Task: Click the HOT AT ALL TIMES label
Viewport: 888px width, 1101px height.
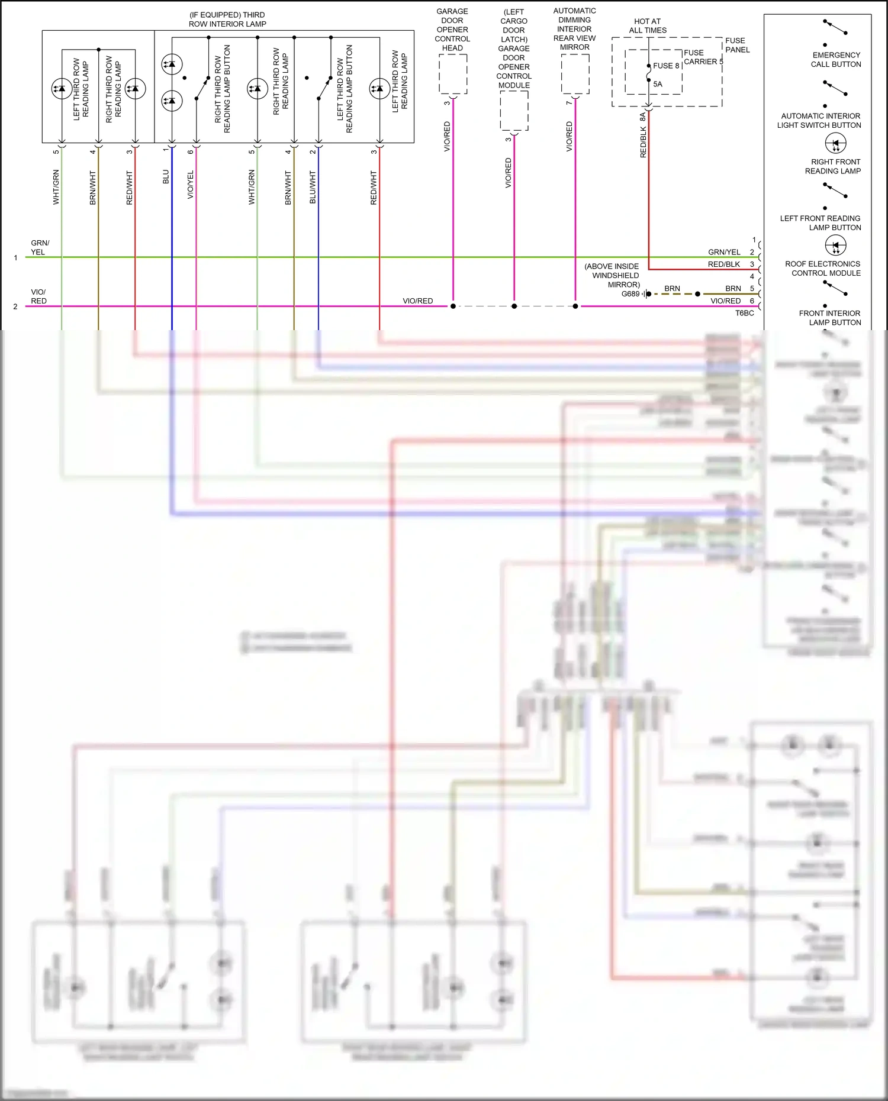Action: [x=648, y=26]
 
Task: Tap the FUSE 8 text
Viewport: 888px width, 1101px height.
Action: [x=666, y=66]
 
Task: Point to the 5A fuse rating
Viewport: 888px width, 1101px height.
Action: [x=658, y=84]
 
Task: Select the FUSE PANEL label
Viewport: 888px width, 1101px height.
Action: [x=737, y=45]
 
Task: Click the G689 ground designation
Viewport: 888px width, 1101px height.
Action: [x=630, y=294]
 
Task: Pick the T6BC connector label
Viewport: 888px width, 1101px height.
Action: [x=744, y=313]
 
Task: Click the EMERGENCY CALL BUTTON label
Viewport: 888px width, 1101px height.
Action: [x=836, y=60]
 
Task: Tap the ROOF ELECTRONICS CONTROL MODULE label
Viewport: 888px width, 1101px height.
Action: [x=823, y=269]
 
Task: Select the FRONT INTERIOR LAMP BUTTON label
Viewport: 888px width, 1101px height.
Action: [x=829, y=318]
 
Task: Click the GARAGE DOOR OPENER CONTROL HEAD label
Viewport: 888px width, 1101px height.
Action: [x=452, y=30]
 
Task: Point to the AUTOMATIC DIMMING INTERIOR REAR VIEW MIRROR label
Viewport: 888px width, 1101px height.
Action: [x=574, y=29]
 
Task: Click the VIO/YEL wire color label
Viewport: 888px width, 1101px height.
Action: [x=191, y=185]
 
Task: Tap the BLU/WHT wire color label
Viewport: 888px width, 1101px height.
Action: [x=313, y=188]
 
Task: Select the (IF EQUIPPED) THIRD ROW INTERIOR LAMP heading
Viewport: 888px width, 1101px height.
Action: [x=227, y=20]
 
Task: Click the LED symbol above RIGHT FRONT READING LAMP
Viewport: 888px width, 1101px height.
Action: [x=835, y=143]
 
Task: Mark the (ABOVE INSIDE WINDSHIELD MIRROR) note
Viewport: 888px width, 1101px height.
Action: [x=612, y=275]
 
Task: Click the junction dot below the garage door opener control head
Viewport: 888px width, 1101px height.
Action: [x=453, y=306]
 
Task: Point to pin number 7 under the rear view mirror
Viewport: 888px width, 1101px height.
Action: [x=569, y=103]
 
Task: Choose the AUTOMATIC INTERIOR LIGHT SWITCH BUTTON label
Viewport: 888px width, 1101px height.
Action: [x=819, y=121]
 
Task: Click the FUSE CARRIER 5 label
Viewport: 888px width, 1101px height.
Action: [x=703, y=57]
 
